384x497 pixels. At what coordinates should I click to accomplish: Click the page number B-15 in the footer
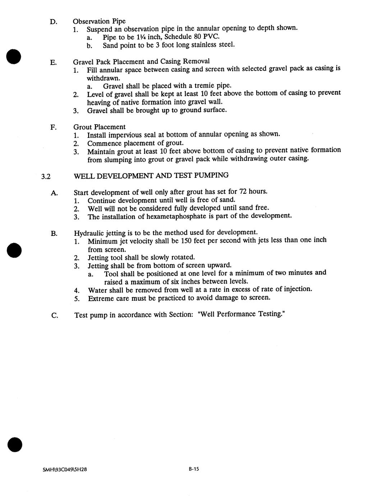click(194, 469)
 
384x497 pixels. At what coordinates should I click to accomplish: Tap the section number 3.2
click(46, 176)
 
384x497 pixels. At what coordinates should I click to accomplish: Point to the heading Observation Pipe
click(99, 21)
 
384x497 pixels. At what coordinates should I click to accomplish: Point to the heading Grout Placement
click(100, 127)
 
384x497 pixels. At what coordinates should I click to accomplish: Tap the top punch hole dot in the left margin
click(14, 57)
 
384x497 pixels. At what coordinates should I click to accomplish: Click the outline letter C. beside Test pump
click(55, 316)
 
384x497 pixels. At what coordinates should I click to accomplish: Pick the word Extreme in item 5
click(101, 298)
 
